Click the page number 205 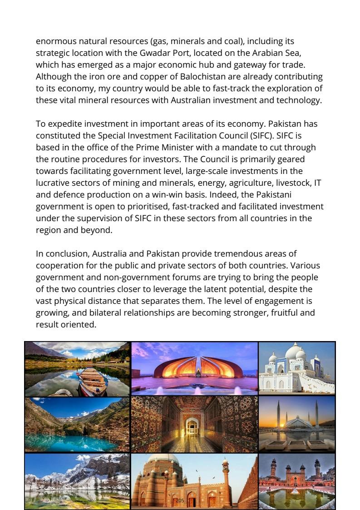click(180, 500)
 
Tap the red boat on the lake click(93, 380)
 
